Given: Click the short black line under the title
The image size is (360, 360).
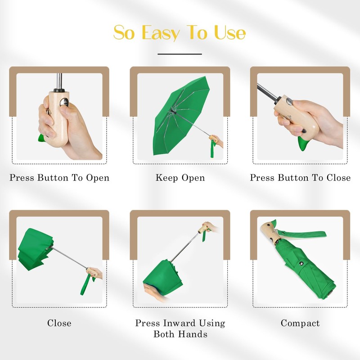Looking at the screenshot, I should (x=180, y=54).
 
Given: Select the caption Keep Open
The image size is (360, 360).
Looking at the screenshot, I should (x=180, y=178).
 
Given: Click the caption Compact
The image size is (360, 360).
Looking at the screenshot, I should (x=300, y=323).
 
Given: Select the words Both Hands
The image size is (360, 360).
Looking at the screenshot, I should (x=180, y=334).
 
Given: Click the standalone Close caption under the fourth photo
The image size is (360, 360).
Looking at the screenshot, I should (x=59, y=323).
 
